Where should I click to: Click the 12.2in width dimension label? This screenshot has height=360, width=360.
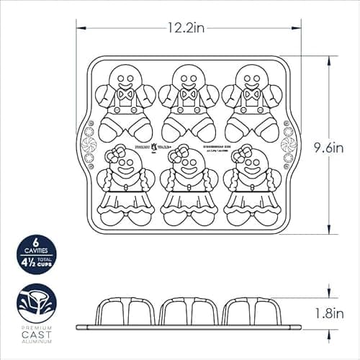tap(189, 29)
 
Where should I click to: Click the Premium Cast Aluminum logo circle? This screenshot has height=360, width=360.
tap(36, 305)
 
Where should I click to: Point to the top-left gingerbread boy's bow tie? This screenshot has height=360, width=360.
tap(126, 94)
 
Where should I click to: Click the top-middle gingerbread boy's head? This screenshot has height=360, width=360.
tap(189, 74)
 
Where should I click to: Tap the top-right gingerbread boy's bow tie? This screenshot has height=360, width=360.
tap(252, 94)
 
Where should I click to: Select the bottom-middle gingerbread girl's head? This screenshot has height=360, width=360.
tap(189, 167)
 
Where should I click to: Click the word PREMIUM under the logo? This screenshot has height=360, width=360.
tap(36, 336)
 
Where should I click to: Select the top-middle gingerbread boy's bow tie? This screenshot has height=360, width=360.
tap(189, 94)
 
